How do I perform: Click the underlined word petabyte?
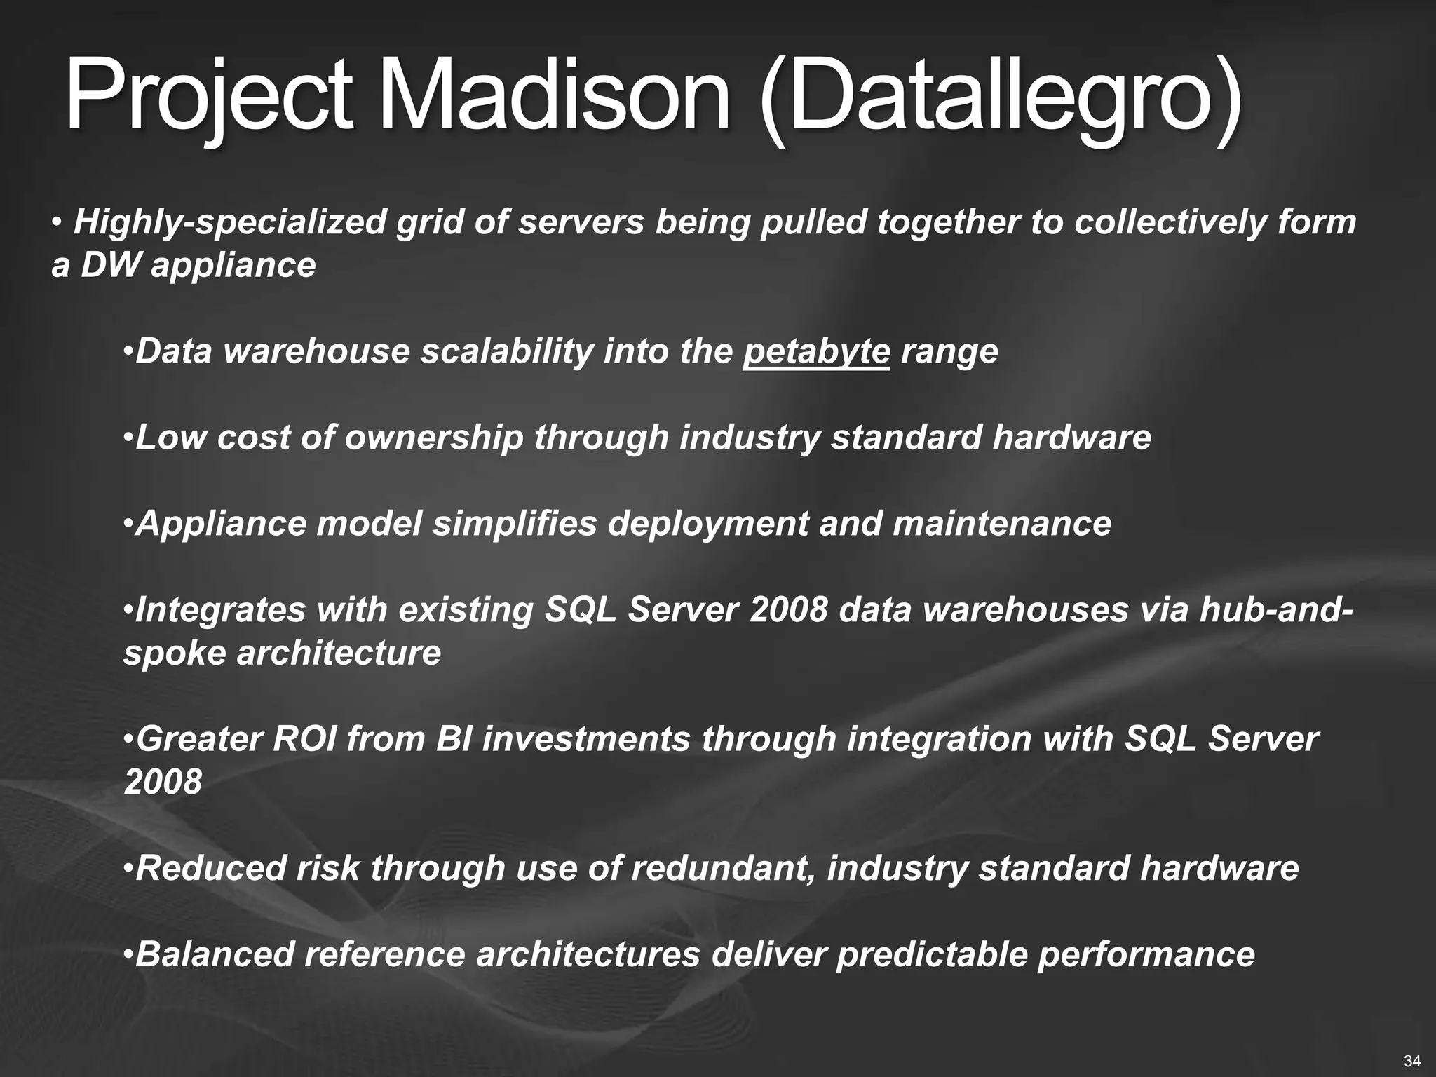[816, 351]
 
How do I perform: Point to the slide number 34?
[1412, 1059]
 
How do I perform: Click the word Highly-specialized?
[230, 222]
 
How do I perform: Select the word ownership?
[434, 438]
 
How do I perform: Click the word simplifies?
[515, 524]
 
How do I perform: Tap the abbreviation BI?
[452, 740]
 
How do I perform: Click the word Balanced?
[214, 955]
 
